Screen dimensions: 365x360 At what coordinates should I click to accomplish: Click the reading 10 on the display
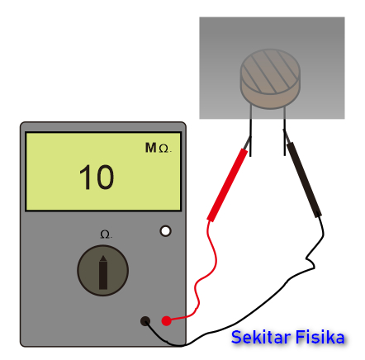(97, 178)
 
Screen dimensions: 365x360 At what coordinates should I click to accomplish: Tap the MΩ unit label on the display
(158, 148)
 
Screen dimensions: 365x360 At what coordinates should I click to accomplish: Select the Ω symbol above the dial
(106, 234)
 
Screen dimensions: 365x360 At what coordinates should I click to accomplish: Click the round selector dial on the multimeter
(102, 271)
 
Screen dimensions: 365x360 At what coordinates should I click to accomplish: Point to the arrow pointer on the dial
(103, 272)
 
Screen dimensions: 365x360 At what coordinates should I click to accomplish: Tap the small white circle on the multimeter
(165, 231)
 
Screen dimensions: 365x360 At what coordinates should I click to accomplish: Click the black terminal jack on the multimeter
(145, 321)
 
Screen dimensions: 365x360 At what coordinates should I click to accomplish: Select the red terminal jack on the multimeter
(166, 321)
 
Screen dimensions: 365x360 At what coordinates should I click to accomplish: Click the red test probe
(227, 185)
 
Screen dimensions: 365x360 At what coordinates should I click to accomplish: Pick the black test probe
(304, 180)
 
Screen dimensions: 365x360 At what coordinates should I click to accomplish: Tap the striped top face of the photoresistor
(270, 71)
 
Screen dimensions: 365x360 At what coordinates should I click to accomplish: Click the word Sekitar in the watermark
(261, 337)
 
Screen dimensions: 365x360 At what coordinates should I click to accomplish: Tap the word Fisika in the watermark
(320, 337)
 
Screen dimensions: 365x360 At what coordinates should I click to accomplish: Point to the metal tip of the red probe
(248, 143)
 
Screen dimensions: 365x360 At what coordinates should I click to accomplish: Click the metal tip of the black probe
(286, 136)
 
